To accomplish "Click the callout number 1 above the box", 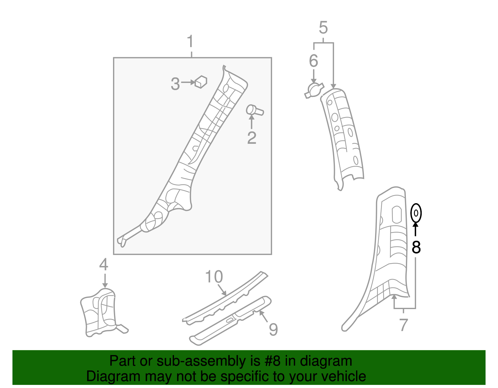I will tap(190, 42).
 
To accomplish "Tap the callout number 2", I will tap(251, 138).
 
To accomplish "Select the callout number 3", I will tap(175, 84).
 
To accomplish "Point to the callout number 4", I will tap(104, 265).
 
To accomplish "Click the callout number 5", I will tap(323, 28).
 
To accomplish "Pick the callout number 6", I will tap(313, 61).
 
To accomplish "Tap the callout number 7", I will tap(403, 325).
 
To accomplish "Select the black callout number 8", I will tap(416, 247).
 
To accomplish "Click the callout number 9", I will tap(273, 329).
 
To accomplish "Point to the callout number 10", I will tap(214, 276).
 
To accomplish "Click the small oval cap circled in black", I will tap(416, 213).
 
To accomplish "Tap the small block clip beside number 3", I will tap(201, 82).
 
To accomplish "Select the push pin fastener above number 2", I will tap(254, 110).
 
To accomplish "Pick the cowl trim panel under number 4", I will tap(100, 312).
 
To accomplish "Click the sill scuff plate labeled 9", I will tap(230, 320).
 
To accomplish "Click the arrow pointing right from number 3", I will tap(188, 82).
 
